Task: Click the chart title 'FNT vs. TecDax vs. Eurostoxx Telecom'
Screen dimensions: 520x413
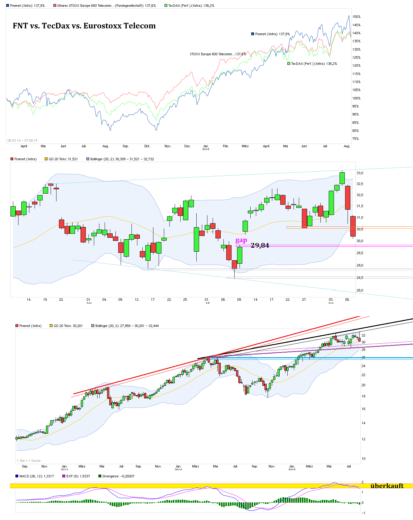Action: (84, 26)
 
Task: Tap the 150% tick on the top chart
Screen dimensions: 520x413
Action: (356, 17)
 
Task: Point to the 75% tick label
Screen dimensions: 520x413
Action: (355, 139)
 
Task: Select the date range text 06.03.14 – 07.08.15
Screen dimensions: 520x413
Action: (23, 140)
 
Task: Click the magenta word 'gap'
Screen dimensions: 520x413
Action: (241, 240)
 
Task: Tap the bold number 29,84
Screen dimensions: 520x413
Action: (260, 245)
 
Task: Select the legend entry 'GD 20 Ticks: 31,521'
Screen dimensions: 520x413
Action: (63, 159)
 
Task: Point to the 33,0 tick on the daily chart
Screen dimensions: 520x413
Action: (360, 173)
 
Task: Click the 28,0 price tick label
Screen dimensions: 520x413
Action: (360, 290)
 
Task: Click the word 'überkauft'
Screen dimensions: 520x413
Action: (387, 486)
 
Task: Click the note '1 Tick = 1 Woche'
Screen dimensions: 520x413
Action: (29, 461)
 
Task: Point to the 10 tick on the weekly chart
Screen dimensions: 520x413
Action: (363, 459)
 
